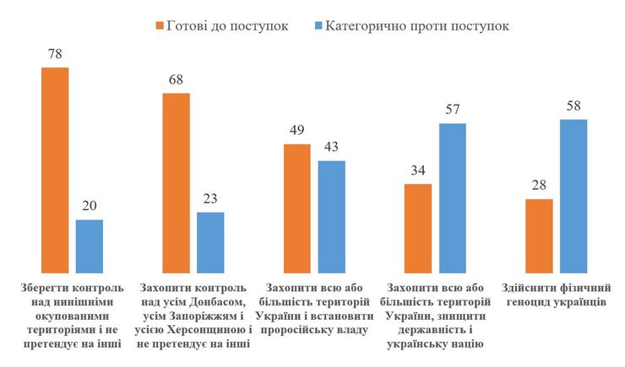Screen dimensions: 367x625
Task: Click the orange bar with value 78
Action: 55,169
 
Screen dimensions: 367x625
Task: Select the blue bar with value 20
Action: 90,245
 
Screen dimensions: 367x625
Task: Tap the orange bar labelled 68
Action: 176,181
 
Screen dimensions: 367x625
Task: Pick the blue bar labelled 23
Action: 210,241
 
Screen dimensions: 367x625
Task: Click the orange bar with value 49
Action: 296,207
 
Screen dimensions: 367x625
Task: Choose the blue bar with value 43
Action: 332,215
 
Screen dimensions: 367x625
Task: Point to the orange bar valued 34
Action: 417,227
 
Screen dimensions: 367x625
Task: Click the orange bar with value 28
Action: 539,235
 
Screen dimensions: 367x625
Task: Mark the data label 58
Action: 573,107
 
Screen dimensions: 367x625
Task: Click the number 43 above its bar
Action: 332,148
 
